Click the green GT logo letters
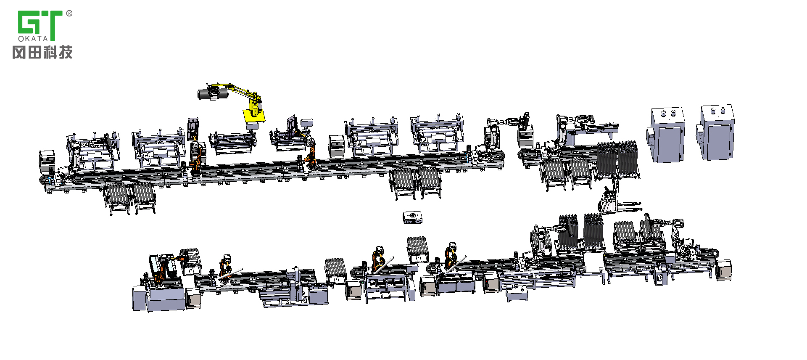(40, 23)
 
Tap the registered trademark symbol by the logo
(69, 13)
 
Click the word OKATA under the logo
(33, 38)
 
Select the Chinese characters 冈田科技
(42, 52)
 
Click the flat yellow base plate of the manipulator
(254, 115)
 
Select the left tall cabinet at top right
(667, 135)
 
